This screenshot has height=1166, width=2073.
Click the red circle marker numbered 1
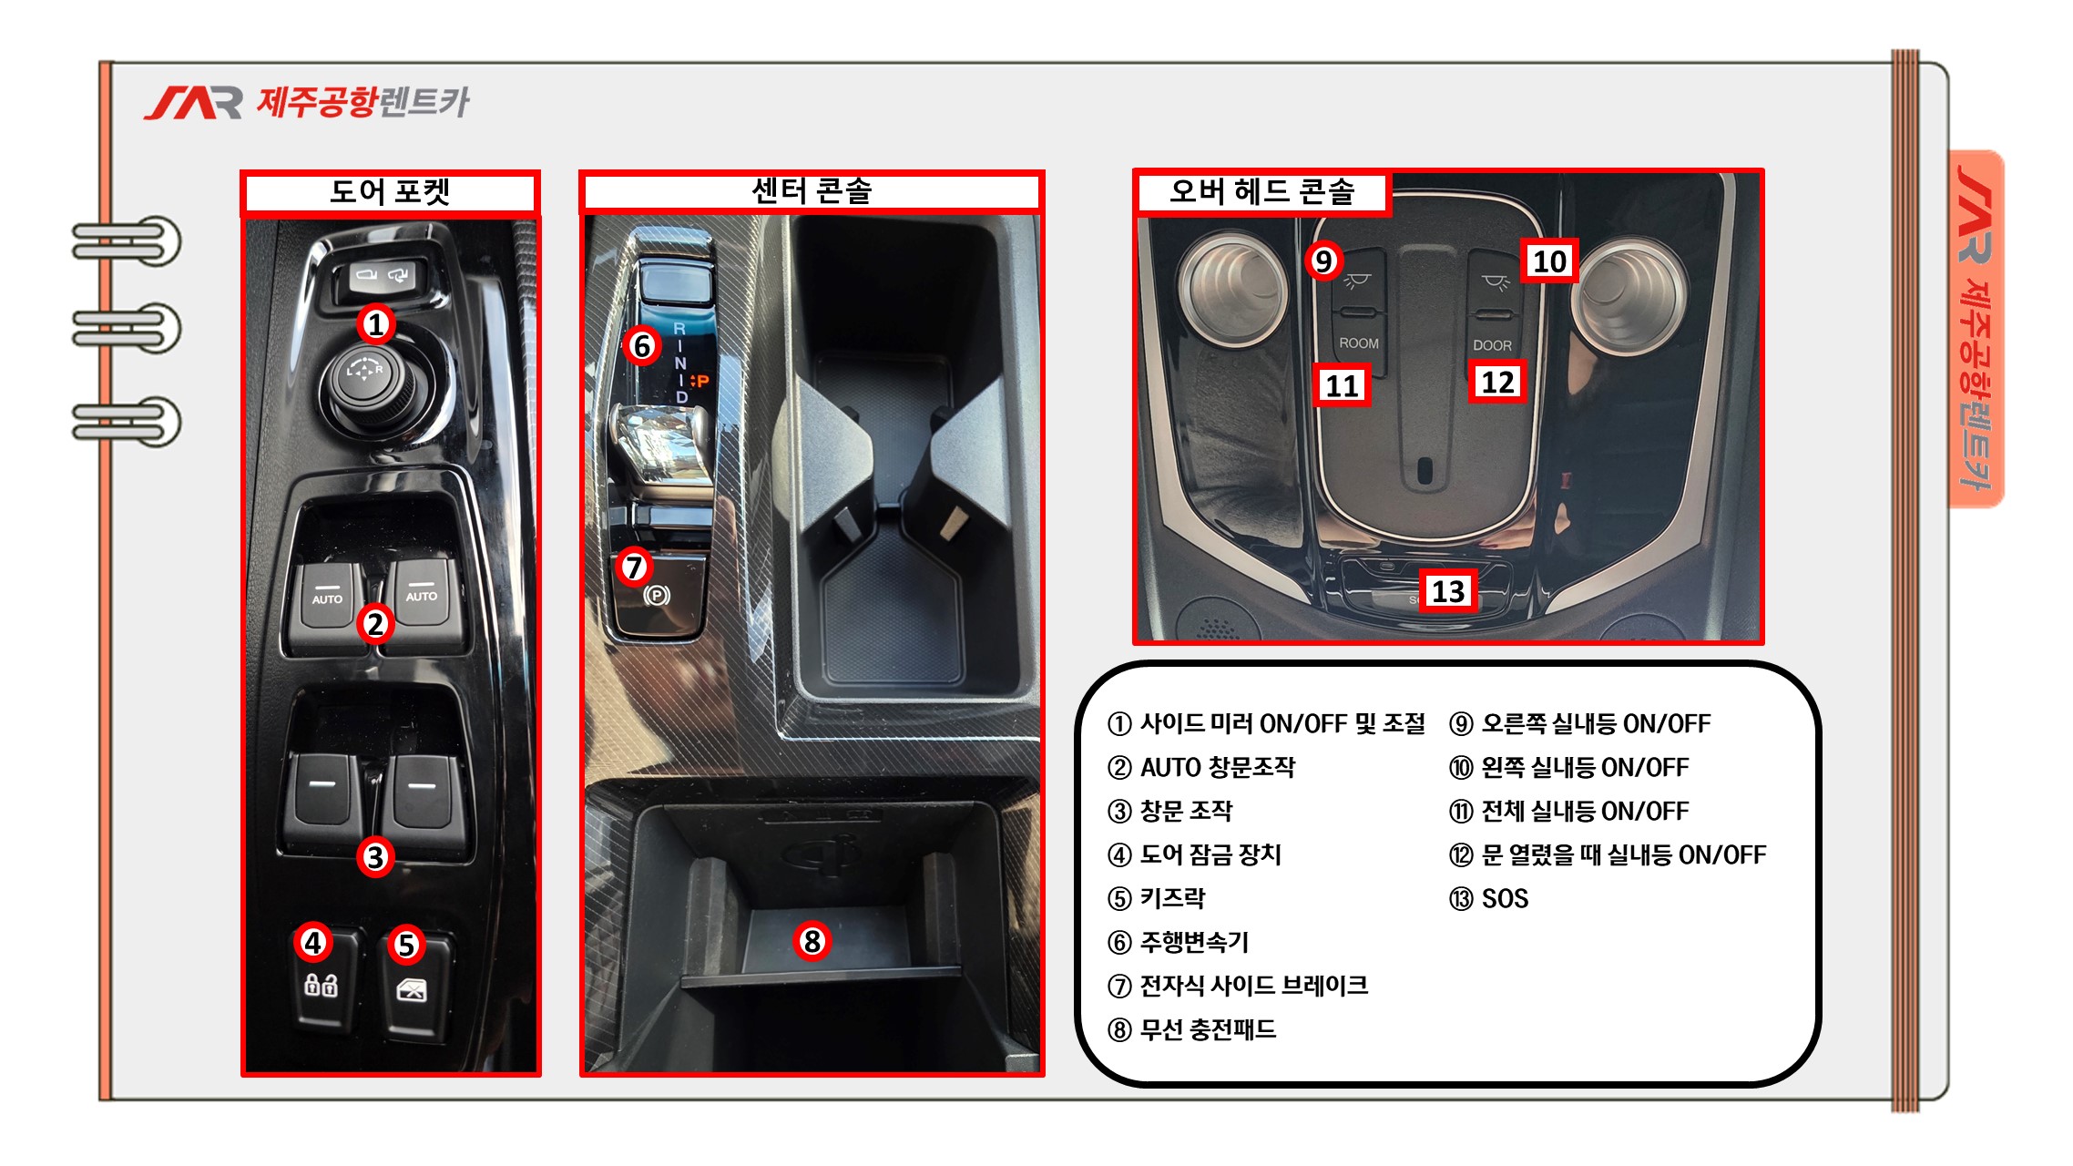[375, 324]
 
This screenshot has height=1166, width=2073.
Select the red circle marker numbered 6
[641, 346]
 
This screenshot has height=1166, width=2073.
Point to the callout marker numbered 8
[812, 941]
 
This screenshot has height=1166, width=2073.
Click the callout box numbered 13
[1448, 591]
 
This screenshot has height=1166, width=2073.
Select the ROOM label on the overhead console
[1359, 343]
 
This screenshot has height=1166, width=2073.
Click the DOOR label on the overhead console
[1492, 345]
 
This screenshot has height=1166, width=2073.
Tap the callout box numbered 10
[1549, 261]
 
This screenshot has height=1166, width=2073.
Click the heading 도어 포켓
[390, 192]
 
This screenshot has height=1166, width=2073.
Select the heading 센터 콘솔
[812, 191]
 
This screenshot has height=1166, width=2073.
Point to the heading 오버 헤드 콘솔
[1262, 191]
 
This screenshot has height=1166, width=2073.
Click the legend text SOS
[1505, 898]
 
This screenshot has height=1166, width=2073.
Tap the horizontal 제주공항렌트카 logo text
[363, 102]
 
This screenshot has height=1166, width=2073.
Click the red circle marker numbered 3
[375, 856]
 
